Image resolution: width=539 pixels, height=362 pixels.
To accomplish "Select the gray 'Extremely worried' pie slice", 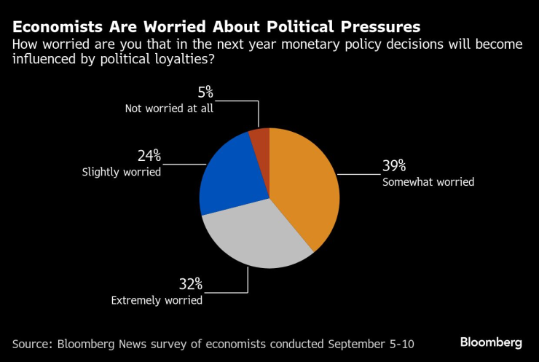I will [x=255, y=237].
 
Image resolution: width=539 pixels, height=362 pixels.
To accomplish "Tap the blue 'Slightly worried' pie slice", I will [x=229, y=175].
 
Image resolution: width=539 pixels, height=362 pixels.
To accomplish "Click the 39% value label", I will [x=395, y=166].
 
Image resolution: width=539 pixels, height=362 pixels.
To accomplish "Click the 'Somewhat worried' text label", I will [x=428, y=182].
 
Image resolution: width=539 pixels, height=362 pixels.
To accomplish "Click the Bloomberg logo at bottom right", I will [x=490, y=342].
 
